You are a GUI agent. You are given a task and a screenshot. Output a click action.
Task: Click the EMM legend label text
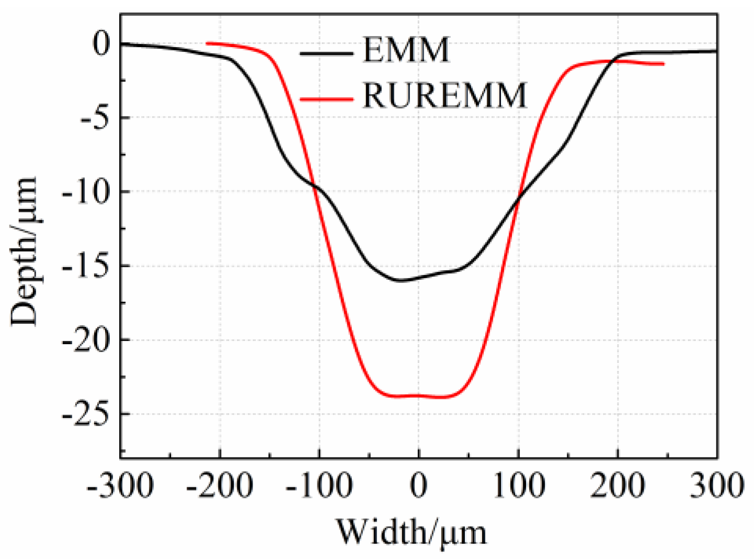[x=406, y=50]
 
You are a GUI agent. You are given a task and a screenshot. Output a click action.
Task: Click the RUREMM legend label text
[x=444, y=96]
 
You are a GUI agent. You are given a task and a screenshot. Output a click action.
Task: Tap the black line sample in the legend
[x=326, y=53]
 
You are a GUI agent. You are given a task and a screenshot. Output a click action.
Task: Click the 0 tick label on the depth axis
[x=102, y=44]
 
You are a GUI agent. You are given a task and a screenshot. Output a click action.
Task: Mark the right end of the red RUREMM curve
[x=664, y=64]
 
